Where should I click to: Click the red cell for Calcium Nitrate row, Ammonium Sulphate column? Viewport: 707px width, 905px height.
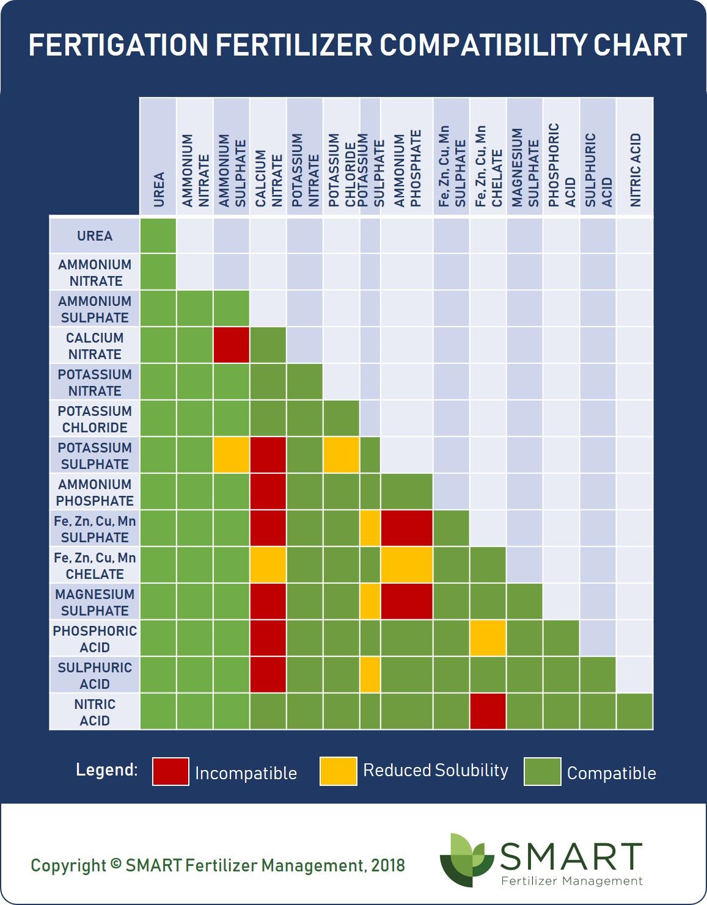[x=232, y=345]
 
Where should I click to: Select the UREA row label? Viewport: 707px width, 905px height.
[x=95, y=236]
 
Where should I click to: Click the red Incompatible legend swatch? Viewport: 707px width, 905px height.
[x=170, y=771]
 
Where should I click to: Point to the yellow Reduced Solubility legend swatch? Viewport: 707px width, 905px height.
[x=338, y=771]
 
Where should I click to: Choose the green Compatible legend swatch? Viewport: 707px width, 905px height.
[x=542, y=771]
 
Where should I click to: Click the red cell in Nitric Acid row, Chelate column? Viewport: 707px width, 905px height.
[x=488, y=711]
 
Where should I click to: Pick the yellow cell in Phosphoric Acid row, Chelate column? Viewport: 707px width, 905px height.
[x=488, y=638]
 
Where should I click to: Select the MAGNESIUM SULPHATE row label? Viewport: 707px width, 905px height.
[x=95, y=602]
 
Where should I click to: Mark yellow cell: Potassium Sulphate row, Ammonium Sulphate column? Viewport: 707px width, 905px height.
[x=232, y=455]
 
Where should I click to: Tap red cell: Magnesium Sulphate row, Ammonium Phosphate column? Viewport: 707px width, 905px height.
[x=406, y=602]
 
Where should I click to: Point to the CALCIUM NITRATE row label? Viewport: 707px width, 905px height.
[x=95, y=346]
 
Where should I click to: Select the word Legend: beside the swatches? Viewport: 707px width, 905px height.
[x=107, y=769]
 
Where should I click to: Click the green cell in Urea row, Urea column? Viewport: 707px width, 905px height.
[x=158, y=236]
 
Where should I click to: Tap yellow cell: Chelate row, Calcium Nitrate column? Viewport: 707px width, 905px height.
[x=268, y=565]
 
